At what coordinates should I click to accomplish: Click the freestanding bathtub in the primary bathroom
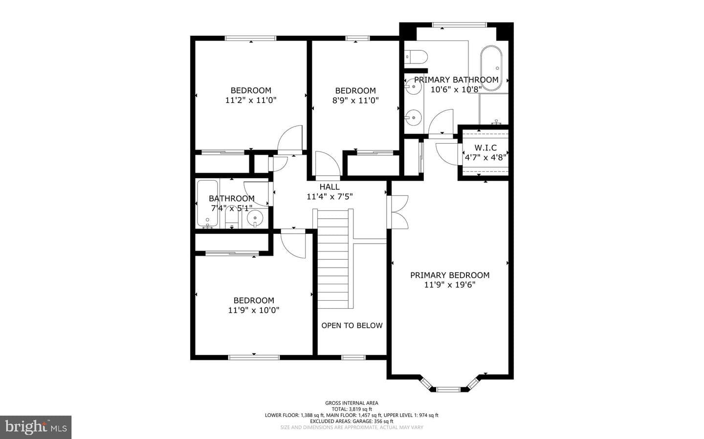click(x=491, y=68)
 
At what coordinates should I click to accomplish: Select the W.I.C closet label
click(x=485, y=147)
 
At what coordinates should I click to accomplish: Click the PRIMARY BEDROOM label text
click(x=450, y=275)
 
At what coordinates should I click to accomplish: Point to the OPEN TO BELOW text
click(x=352, y=325)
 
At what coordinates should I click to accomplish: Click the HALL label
click(x=330, y=187)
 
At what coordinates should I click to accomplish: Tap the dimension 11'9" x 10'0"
click(x=254, y=310)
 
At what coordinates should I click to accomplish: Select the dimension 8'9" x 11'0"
click(x=355, y=101)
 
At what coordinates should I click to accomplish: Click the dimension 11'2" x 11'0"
click(x=251, y=100)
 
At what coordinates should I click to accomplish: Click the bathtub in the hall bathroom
click(x=207, y=204)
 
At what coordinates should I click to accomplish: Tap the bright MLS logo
click(x=36, y=427)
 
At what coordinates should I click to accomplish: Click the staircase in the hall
click(x=333, y=259)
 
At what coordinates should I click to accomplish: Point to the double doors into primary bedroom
click(x=397, y=212)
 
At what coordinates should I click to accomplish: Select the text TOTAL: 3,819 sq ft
click(x=352, y=409)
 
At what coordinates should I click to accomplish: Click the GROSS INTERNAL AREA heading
click(x=352, y=403)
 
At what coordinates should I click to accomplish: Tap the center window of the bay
click(x=448, y=390)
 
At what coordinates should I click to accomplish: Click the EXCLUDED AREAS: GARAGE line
click(x=352, y=421)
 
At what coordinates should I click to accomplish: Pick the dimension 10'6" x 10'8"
click(x=456, y=89)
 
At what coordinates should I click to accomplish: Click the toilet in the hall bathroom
click(x=232, y=218)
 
